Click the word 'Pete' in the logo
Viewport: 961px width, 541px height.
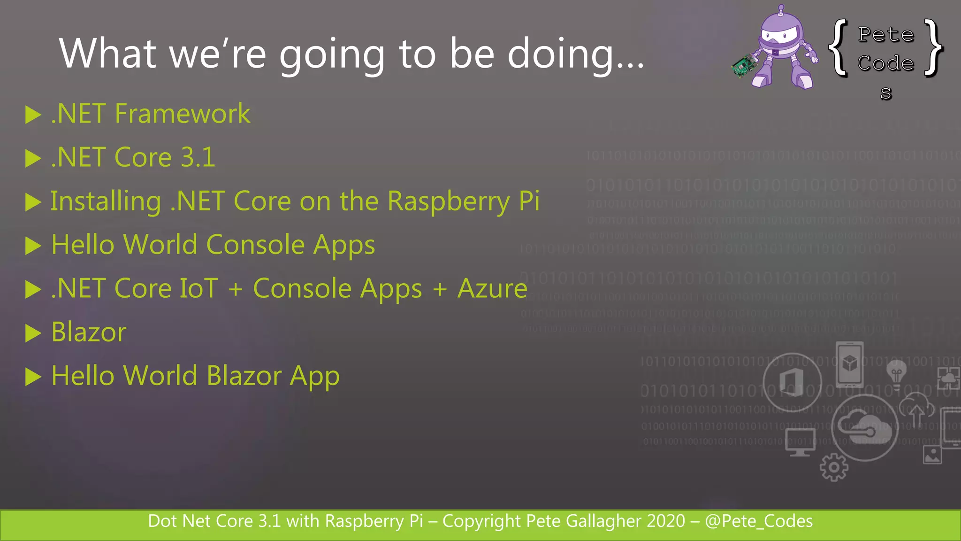[886, 35]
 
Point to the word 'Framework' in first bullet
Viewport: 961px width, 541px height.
[183, 114]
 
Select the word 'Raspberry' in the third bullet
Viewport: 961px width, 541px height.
[449, 202]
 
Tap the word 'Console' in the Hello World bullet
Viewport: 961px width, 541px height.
[255, 245]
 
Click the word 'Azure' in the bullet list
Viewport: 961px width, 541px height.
[492, 288]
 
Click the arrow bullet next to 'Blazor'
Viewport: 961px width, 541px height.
[33, 333]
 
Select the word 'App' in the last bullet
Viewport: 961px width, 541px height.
[314, 377]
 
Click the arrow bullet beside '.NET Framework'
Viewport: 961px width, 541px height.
[33, 115]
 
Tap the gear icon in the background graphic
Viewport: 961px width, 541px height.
[834, 467]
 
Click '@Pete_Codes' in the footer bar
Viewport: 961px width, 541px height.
[758, 521]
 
